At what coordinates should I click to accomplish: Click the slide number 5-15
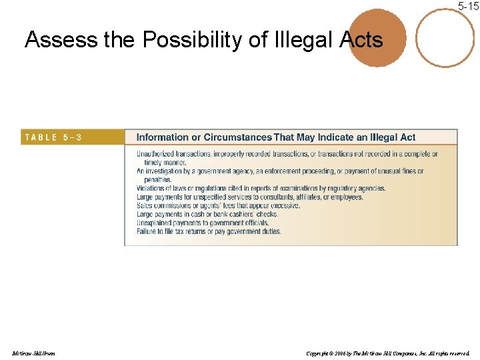[468, 6]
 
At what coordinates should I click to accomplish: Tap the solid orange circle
[377, 39]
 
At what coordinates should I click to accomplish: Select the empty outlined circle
[445, 37]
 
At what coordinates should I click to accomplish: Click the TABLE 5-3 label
[53, 137]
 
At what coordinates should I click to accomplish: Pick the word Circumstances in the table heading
[238, 137]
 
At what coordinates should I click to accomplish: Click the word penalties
[158, 179]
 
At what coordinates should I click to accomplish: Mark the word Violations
[151, 189]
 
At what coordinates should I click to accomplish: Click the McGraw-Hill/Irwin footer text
[33, 353]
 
